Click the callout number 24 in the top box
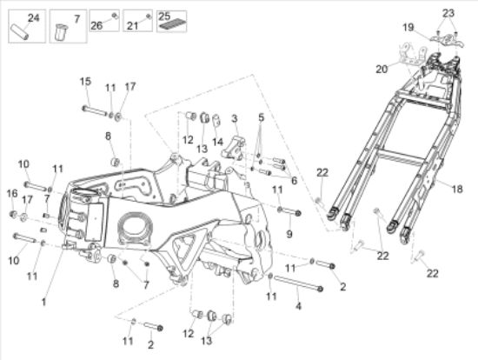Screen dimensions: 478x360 pos(34,18)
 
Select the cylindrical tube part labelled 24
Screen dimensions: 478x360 pos(20,31)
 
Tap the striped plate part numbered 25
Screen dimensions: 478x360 pos(171,25)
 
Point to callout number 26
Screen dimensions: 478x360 pos(96,25)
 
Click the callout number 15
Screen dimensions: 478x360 pos(85,82)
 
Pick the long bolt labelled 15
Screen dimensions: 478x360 pos(95,110)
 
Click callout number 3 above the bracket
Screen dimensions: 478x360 pos(235,118)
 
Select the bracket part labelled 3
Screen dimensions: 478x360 pos(234,149)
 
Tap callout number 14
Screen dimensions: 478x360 pos(217,142)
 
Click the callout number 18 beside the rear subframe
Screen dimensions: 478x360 pos(457,190)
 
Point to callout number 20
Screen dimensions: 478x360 pos(382,70)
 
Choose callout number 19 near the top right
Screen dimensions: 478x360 pos(408,28)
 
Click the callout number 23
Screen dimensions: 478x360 pos(448,13)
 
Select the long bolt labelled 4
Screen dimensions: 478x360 pos(298,283)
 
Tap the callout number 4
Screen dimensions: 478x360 pos(298,306)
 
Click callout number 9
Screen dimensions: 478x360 pos(289,234)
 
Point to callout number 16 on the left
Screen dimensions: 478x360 pos(12,193)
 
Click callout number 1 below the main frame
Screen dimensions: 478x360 pos(43,303)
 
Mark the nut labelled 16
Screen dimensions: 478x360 pos(13,214)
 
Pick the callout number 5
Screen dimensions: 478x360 pos(262,117)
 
